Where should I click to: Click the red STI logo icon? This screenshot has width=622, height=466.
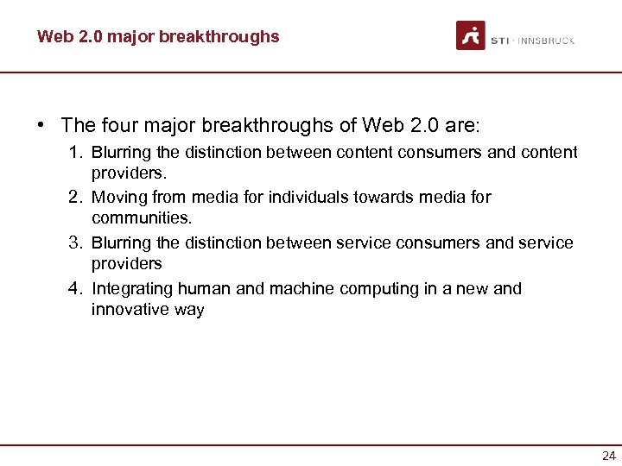click(471, 35)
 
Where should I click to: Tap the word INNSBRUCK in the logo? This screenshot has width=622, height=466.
click(546, 41)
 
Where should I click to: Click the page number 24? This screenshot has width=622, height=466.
click(609, 456)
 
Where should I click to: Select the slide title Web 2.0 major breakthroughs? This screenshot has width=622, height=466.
click(158, 36)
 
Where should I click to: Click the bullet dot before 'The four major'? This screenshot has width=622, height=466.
click(41, 125)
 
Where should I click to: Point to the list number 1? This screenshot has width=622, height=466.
click(76, 153)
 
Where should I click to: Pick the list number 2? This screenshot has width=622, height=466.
click(76, 198)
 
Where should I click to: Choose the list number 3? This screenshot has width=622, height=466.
click(76, 243)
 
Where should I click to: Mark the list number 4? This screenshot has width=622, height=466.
click(76, 288)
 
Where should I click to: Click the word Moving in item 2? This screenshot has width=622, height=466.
click(117, 198)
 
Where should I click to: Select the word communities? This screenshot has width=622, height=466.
click(141, 218)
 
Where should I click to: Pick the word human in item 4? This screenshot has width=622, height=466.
click(205, 289)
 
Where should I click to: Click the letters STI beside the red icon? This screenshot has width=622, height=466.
click(499, 41)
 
